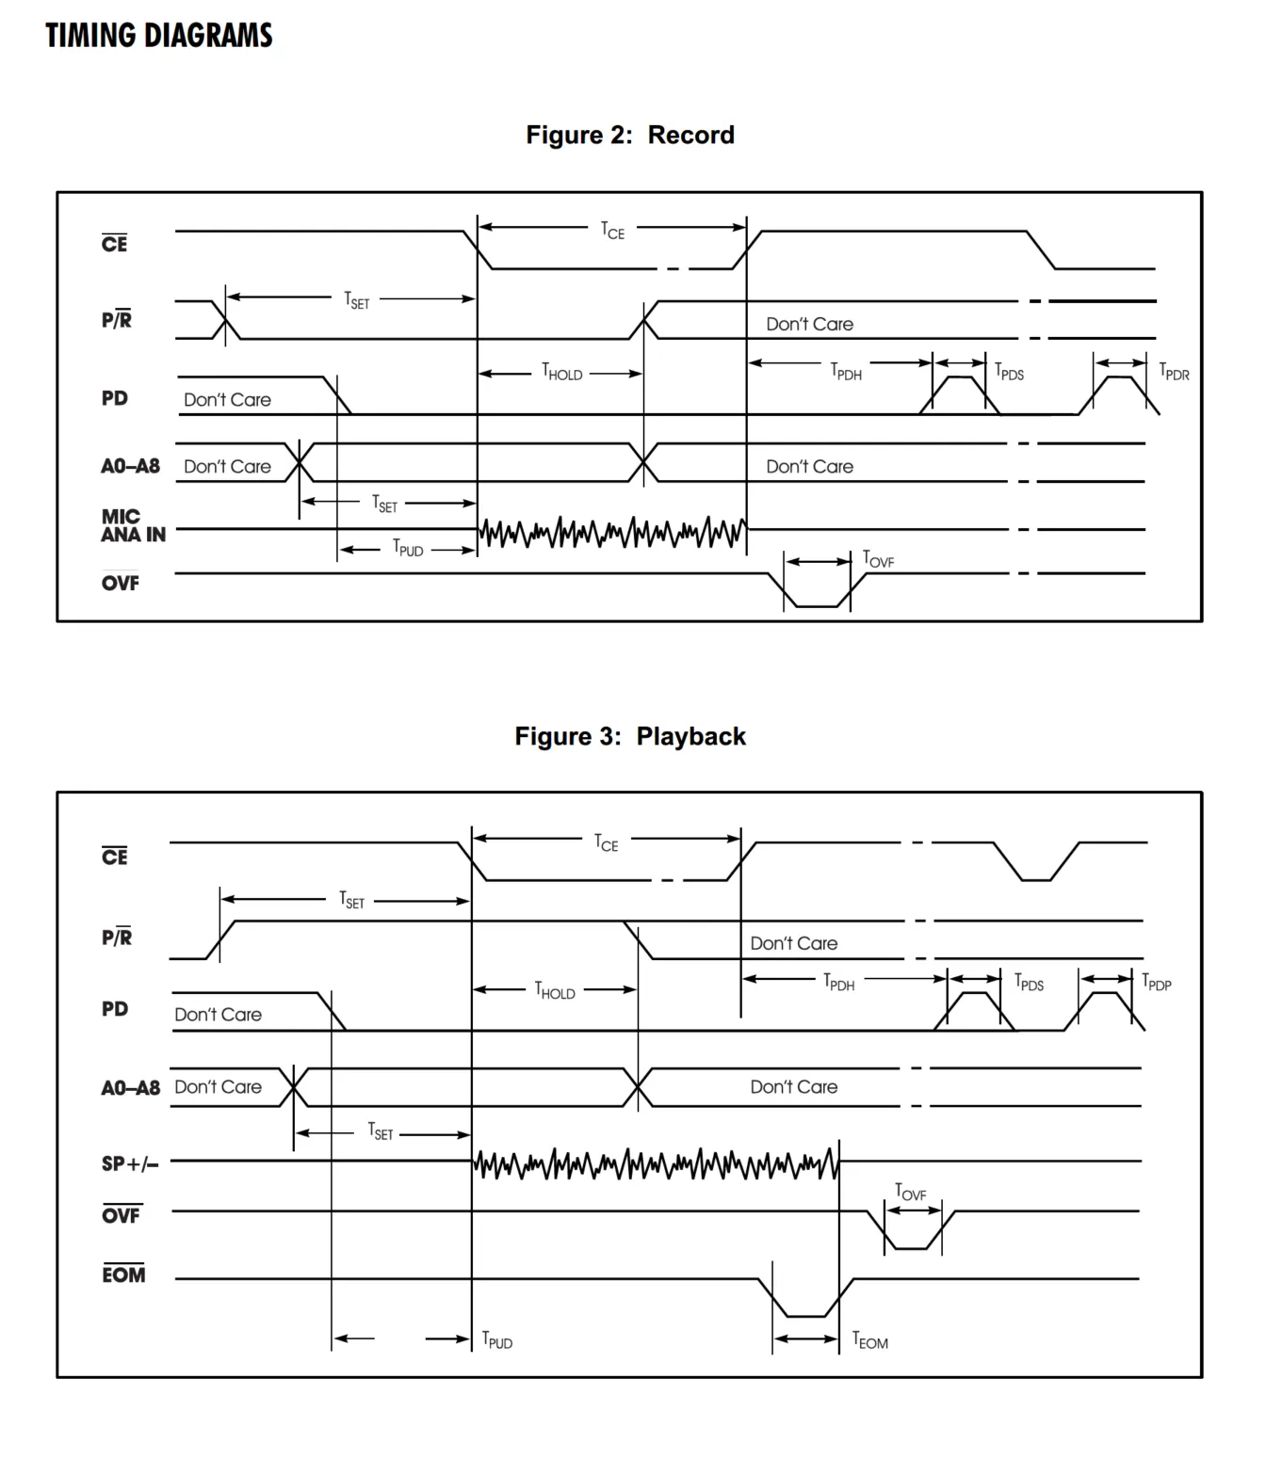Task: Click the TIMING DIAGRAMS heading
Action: [x=159, y=35]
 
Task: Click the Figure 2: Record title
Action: [x=630, y=135]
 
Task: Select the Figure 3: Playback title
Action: [x=630, y=736]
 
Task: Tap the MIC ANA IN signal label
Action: [x=133, y=526]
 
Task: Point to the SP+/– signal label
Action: [x=130, y=1164]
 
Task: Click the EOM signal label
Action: [x=123, y=1275]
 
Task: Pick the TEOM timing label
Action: [x=869, y=1340]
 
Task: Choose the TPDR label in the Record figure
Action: [x=1174, y=372]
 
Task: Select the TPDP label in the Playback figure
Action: [x=1157, y=982]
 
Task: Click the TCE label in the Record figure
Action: [x=612, y=231]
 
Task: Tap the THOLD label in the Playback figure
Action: [x=555, y=990]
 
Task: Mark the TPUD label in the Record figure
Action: [x=408, y=549]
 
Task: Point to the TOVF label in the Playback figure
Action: [x=910, y=1193]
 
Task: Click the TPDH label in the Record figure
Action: [x=846, y=372]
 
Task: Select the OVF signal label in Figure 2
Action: [x=121, y=582]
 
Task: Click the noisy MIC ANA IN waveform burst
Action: [x=612, y=532]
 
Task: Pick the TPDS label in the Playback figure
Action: [x=1029, y=982]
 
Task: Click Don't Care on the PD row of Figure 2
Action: [x=228, y=399]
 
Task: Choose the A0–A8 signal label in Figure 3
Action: [x=131, y=1088]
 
